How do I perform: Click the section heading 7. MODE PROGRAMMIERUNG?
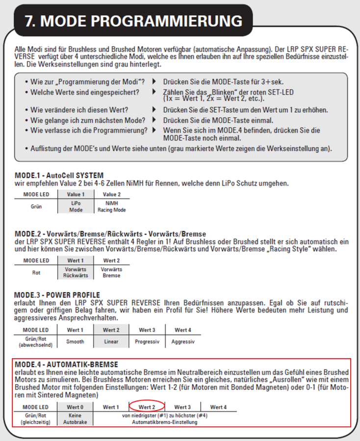click(134, 21)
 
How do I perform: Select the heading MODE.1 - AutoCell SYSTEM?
click(59, 175)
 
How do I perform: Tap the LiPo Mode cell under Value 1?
click(76, 206)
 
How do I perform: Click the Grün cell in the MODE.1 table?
click(36, 206)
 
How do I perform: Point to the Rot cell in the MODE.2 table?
click(36, 272)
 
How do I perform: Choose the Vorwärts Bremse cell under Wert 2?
click(111, 272)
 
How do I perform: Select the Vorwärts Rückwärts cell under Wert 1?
click(76, 272)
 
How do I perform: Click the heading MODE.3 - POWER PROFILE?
click(57, 295)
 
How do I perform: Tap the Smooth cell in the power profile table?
click(75, 342)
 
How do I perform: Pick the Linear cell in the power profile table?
click(111, 342)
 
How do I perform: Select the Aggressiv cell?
click(183, 342)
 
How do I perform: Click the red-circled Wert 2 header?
click(147, 407)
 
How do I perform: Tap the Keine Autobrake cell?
click(75, 418)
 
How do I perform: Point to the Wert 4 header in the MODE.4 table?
click(218, 407)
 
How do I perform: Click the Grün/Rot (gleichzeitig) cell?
click(36, 418)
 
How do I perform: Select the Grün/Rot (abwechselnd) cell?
click(36, 342)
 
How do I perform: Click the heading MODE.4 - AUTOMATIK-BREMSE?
click(66, 365)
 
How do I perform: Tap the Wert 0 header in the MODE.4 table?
click(75, 407)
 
